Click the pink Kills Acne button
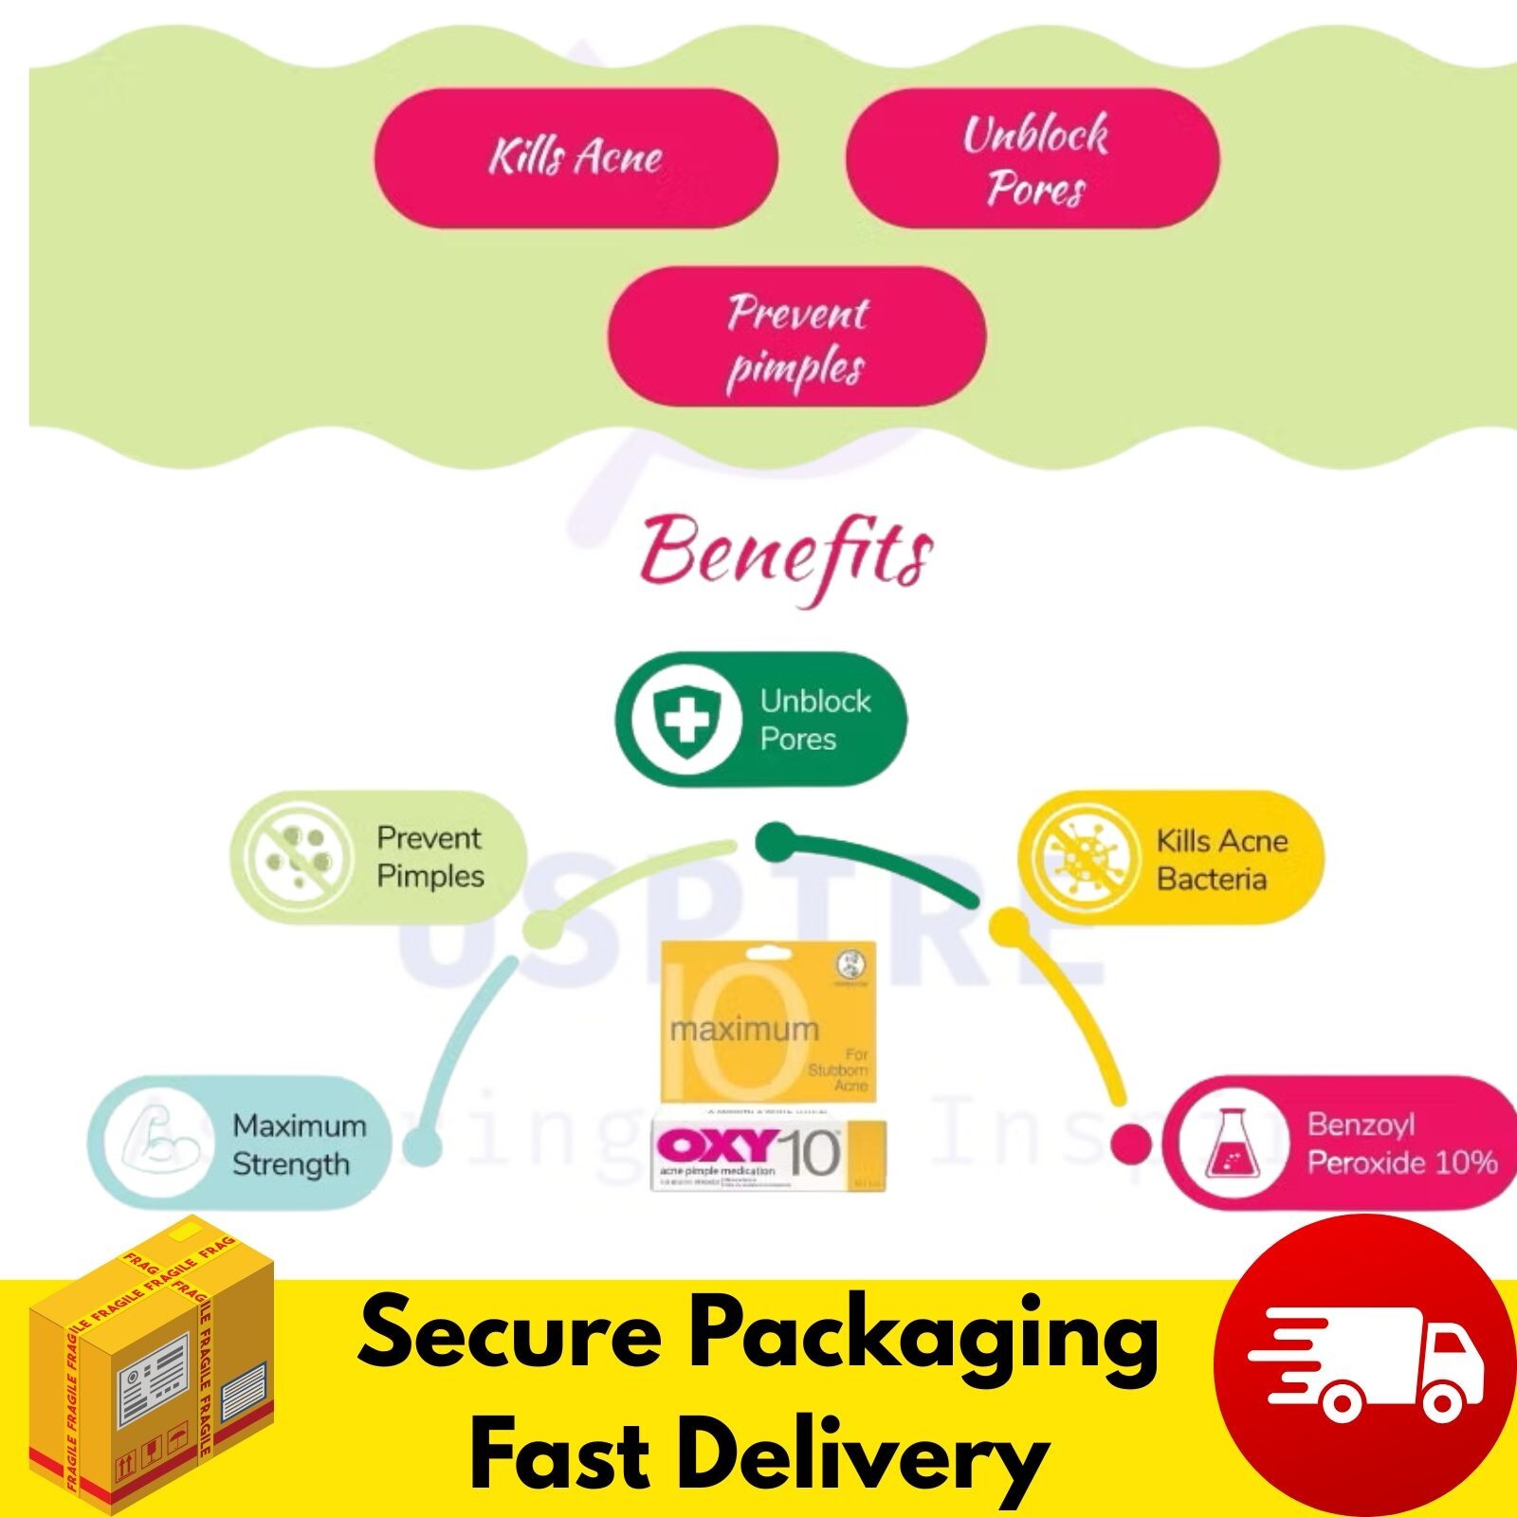coord(576,157)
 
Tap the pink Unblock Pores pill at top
coord(1033,158)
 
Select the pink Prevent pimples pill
coord(796,338)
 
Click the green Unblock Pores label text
coord(814,721)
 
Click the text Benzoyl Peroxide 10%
coord(1401,1143)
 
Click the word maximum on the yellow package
coord(744,1030)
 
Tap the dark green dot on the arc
coord(775,838)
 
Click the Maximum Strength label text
coord(299,1144)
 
